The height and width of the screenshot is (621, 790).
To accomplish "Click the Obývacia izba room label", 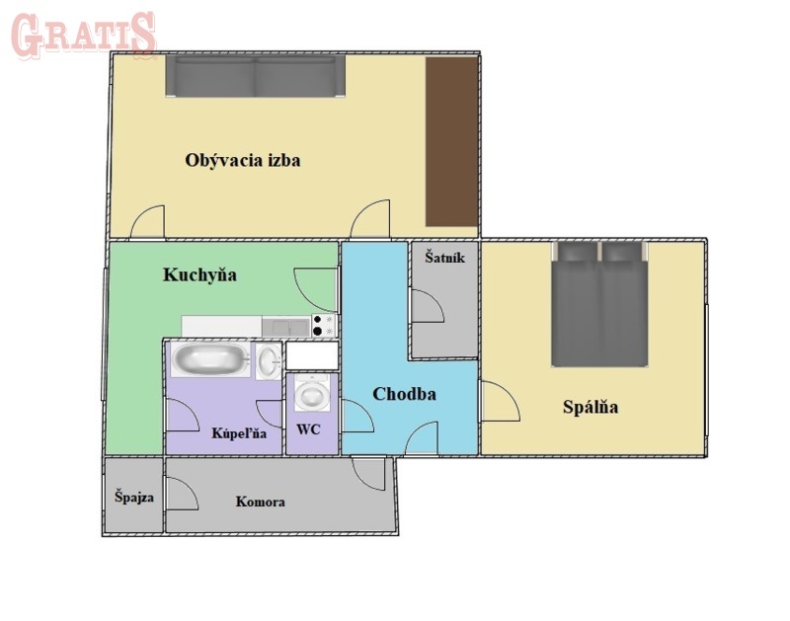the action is pos(242,161).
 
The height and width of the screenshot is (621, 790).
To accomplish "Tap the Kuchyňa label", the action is pos(199,275).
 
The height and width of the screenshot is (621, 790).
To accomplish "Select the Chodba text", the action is pos(404,394).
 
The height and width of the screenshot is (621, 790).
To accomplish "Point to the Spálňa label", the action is pos(591,407).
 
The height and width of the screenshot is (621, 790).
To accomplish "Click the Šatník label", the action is pos(444,258).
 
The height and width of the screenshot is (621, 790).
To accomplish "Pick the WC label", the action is pos(308,429).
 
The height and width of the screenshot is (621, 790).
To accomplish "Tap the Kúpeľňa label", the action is pos(239,433).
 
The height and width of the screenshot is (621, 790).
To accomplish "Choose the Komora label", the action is pos(261,502).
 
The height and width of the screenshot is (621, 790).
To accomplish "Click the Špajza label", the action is pos(134,498).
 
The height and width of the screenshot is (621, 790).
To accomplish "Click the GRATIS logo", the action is pos(83,35).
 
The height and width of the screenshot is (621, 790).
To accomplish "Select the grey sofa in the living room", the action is pos(256,76).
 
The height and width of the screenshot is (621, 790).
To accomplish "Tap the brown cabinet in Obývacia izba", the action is pos(451,141).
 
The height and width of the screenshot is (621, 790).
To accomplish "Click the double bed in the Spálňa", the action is pos(599,304).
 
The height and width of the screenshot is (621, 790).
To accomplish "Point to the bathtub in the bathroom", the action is pos(210,359).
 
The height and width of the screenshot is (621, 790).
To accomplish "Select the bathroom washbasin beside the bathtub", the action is pos(269,360).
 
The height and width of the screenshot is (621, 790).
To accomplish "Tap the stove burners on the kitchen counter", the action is pos(324,325).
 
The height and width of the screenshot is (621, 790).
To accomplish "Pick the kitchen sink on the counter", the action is pos(286,328).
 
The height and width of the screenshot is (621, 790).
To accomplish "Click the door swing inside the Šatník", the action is pos(428,306).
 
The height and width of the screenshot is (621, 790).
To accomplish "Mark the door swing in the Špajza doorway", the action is pos(182,494).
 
